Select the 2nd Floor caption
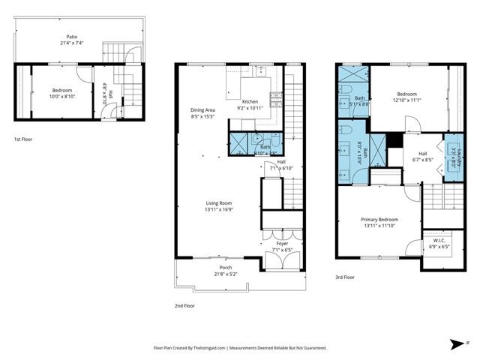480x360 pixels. tap(184, 305)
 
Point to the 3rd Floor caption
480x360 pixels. tap(344, 277)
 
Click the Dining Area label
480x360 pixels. tap(202, 110)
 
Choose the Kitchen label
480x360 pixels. tap(250, 101)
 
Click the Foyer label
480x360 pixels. tap(282, 244)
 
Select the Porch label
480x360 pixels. tap(225, 267)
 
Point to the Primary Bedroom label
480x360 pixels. tap(379, 219)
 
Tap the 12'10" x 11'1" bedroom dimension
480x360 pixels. tap(407, 100)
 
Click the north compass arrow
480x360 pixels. tap(457, 343)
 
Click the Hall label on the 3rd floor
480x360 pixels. tap(422, 152)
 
